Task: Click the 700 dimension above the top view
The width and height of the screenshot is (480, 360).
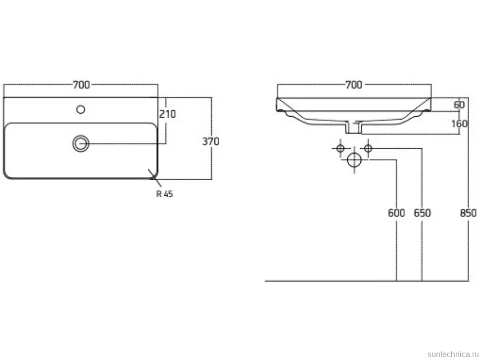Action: (81, 85)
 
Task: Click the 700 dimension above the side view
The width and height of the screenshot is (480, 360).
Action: (354, 85)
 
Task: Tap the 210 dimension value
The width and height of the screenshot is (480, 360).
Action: (167, 114)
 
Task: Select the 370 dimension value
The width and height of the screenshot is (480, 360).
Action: (211, 141)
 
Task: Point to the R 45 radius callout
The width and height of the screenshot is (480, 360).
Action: (165, 194)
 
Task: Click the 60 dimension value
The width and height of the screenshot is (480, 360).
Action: (459, 105)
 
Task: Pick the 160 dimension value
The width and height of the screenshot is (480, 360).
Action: (460, 124)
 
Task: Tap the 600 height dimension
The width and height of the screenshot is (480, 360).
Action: (396, 213)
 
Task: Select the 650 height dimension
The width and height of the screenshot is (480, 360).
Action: (422, 213)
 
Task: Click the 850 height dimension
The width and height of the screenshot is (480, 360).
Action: (468, 213)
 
